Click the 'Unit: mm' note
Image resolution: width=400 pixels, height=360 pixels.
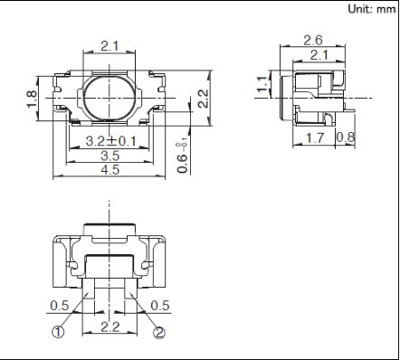372,9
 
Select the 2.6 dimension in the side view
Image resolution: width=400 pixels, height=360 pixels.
313,40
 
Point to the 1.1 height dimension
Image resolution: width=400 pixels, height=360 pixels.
262,84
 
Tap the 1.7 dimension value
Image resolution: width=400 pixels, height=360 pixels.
315,138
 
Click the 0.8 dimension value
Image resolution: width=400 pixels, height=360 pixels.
346,137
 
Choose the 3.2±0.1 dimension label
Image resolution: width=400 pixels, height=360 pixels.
110,141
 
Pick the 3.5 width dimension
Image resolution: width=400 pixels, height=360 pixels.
110,156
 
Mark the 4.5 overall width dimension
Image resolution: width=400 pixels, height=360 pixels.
110,169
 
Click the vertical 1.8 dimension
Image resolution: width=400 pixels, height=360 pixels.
32,99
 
